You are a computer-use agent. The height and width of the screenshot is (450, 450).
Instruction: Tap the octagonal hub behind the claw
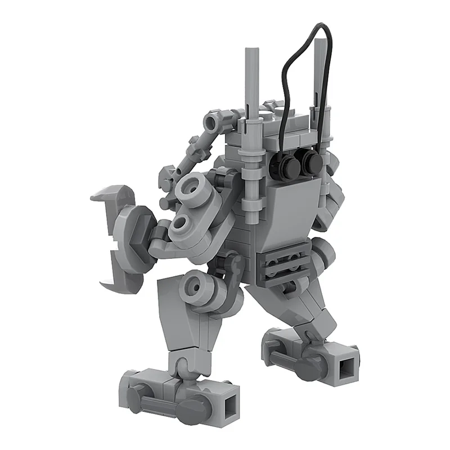click(x=135, y=231)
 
